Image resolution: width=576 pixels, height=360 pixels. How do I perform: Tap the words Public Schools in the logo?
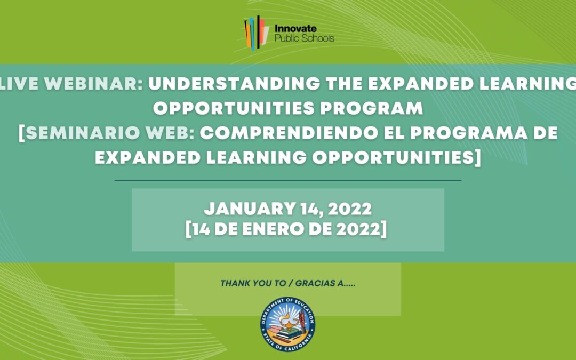point(303,38)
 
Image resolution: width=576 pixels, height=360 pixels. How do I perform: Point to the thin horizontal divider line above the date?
point(288,180)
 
